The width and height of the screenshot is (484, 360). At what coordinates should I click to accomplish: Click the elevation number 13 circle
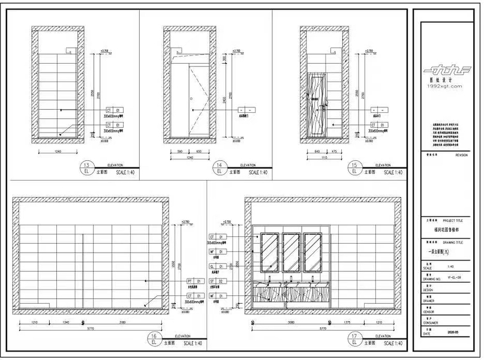tap(86, 169)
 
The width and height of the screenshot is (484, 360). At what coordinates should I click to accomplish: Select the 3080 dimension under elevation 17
tap(290, 323)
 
